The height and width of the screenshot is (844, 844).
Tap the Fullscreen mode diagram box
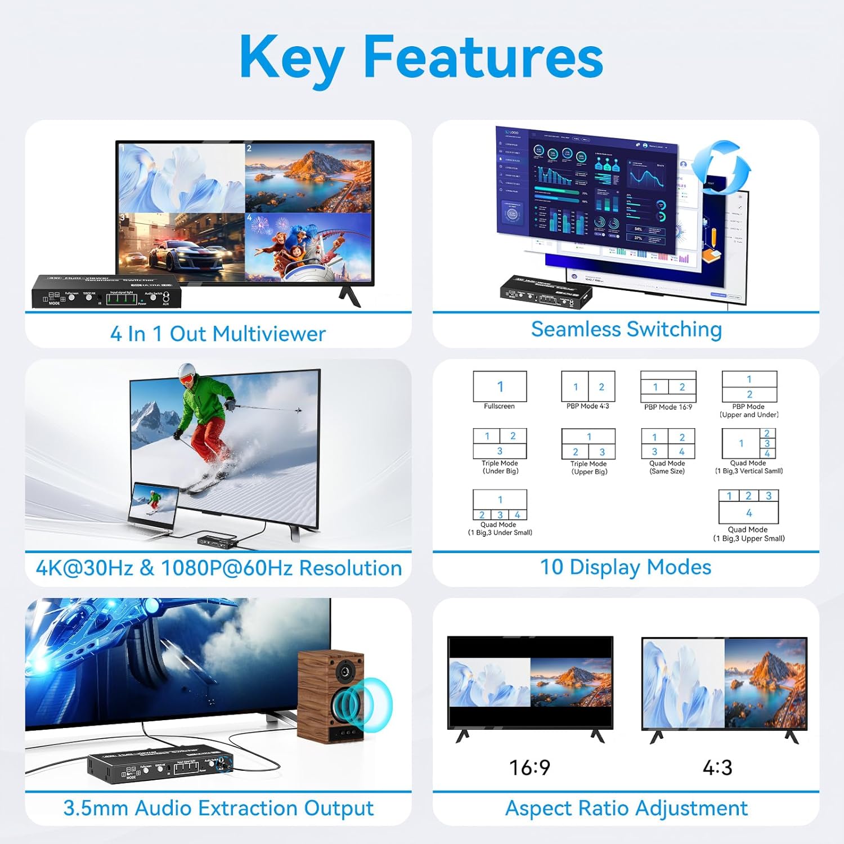coord(500,387)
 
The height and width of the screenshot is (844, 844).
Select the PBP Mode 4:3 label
coord(587,406)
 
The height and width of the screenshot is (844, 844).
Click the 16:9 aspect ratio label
coord(529,767)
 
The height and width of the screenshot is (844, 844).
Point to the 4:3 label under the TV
coord(717,767)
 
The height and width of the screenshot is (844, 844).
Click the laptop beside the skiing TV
coord(153,506)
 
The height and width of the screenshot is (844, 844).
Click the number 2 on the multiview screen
coord(249,149)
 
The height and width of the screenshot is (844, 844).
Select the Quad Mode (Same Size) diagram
coord(668,444)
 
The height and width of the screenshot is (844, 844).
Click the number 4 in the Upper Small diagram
coord(748,513)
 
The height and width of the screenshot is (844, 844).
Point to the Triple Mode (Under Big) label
coord(500,467)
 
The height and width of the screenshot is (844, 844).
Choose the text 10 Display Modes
coord(625,567)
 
